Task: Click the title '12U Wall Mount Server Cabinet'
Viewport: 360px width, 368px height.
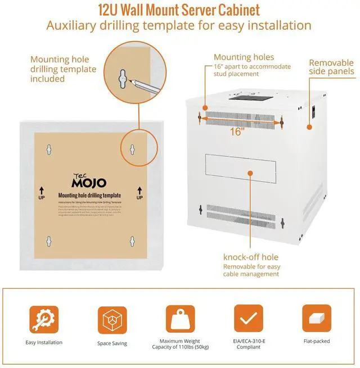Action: pyautogui.click(x=179, y=10)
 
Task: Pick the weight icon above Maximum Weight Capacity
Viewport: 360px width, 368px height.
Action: pyautogui.click(x=180, y=319)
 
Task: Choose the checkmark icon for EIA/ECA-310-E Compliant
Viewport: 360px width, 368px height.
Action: pyautogui.click(x=247, y=319)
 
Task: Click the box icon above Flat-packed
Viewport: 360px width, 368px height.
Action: pyautogui.click(x=316, y=319)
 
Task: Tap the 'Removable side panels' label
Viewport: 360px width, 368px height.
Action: pyautogui.click(x=332, y=67)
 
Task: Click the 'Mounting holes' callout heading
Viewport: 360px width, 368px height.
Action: pyautogui.click(x=244, y=57)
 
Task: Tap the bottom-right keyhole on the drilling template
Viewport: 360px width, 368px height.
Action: pyautogui.click(x=132, y=240)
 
